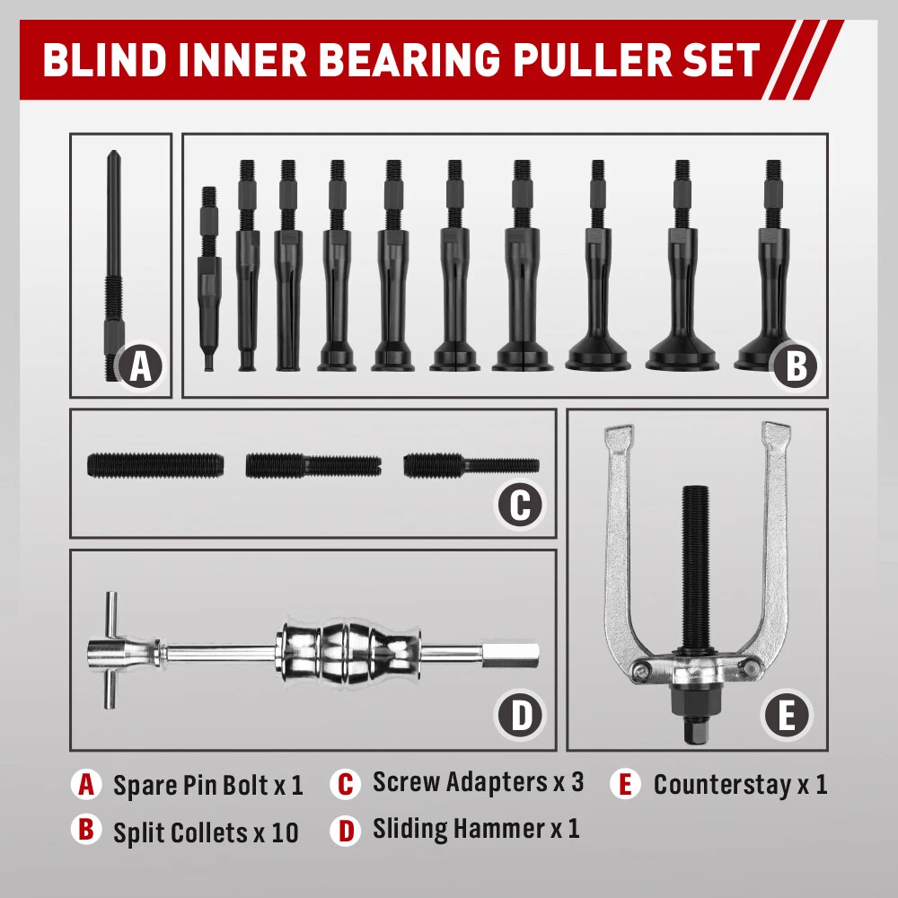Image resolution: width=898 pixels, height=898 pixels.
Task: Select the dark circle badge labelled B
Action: pos(796,366)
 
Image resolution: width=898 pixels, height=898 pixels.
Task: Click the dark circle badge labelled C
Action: pos(520,506)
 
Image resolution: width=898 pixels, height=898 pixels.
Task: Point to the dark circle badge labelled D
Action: pos(520,716)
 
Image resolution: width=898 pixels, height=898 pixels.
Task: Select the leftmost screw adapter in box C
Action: pos(155,465)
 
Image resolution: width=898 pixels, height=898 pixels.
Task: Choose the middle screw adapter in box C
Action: pos(313,465)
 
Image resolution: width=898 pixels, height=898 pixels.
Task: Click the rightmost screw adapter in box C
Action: pos(471,465)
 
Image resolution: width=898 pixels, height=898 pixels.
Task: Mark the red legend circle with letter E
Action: pos(625,784)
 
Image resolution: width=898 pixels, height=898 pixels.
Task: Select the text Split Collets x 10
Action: pos(206,832)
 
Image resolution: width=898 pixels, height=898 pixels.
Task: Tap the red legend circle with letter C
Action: pos(345,783)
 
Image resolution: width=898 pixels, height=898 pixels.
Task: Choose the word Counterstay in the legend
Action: pos(721,784)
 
